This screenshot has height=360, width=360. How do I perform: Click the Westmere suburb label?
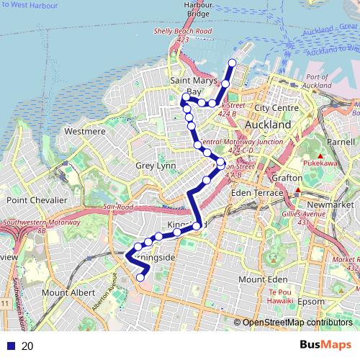tap(85, 132)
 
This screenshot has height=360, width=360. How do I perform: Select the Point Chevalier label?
tap(37, 199)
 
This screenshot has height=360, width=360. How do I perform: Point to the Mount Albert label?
tap(64, 293)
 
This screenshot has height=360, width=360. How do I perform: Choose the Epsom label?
tap(311, 301)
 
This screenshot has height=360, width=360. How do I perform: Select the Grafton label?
tap(285, 177)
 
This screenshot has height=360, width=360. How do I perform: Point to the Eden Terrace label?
tap(253, 194)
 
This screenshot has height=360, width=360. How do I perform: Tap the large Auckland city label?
tap(268, 125)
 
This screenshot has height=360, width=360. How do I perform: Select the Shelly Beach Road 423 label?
tap(184, 35)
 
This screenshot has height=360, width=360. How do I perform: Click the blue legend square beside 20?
tap(9, 346)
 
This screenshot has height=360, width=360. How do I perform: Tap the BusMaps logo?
tap(327, 345)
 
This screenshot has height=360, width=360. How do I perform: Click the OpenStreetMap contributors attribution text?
tap(297, 323)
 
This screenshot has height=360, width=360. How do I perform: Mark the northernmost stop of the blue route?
tap(232, 63)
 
